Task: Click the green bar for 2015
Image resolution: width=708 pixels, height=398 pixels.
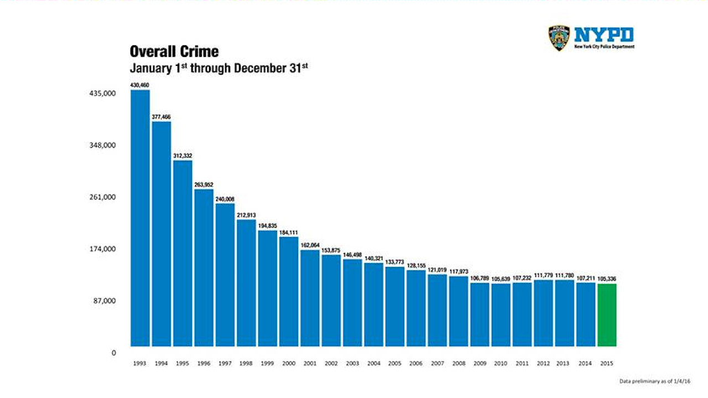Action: pyautogui.click(x=607, y=315)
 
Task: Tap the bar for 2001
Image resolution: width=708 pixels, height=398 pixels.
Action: pyautogui.click(x=310, y=298)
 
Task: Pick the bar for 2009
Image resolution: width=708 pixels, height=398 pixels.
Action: pyautogui.click(x=480, y=315)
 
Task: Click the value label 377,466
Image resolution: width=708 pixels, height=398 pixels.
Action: pyautogui.click(x=161, y=117)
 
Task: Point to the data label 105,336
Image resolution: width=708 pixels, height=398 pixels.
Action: pyautogui.click(x=607, y=279)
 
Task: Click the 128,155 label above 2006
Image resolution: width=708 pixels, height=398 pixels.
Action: pyautogui.click(x=416, y=265)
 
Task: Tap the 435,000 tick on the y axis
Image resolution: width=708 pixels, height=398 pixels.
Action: pyautogui.click(x=102, y=94)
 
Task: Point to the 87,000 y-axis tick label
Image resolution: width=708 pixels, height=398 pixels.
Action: pyautogui.click(x=104, y=301)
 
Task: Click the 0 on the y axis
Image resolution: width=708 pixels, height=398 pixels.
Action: pyautogui.click(x=113, y=353)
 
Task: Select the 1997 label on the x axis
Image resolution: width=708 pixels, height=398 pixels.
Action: pyautogui.click(x=225, y=364)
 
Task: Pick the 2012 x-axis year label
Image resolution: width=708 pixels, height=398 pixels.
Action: pyautogui.click(x=543, y=364)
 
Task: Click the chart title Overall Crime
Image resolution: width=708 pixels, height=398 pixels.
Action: pyautogui.click(x=174, y=52)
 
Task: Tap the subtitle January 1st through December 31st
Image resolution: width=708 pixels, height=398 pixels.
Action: pyautogui.click(x=218, y=69)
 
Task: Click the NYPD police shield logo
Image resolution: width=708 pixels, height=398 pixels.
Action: pyautogui.click(x=559, y=38)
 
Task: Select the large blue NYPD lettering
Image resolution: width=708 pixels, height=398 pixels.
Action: pyautogui.click(x=604, y=35)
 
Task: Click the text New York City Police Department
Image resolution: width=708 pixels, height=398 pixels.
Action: pyautogui.click(x=604, y=47)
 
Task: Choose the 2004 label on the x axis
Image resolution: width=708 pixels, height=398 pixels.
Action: pyautogui.click(x=373, y=364)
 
